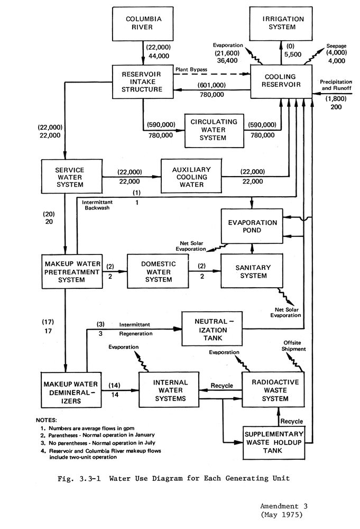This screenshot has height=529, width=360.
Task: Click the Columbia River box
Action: click(x=143, y=24)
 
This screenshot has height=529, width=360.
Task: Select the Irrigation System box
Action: click(x=283, y=24)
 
